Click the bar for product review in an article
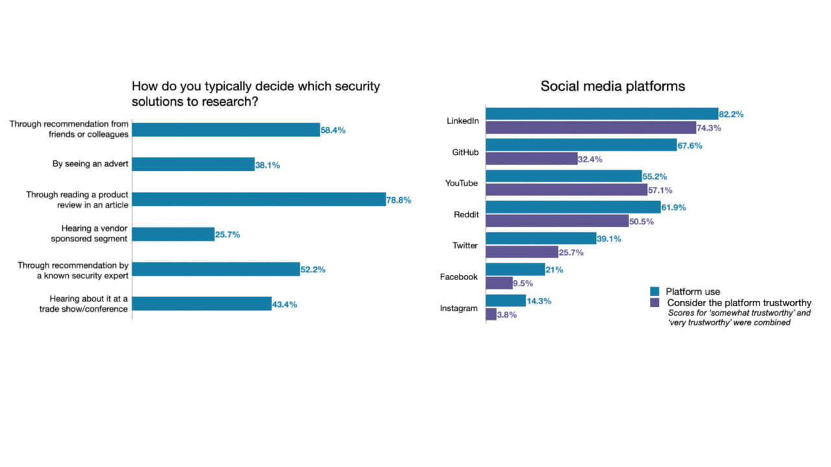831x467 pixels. click(x=259, y=199)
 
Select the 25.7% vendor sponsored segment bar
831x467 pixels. click(x=173, y=234)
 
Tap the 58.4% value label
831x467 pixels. click(x=333, y=130)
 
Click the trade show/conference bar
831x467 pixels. click(x=202, y=304)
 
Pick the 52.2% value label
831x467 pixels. click(x=313, y=269)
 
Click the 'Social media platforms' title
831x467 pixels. click(x=613, y=86)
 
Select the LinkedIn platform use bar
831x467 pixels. click(x=602, y=114)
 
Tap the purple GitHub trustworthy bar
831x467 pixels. click(x=532, y=158)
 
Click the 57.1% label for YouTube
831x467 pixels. click(x=661, y=190)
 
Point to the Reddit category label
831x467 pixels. click(x=465, y=214)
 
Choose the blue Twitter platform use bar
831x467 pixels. click(x=541, y=238)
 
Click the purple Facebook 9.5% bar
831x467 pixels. click(x=499, y=283)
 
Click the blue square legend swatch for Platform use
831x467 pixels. click(x=655, y=291)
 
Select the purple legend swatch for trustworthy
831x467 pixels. click(x=655, y=302)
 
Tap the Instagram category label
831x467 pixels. click(x=459, y=308)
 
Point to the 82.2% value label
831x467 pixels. click(x=732, y=114)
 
